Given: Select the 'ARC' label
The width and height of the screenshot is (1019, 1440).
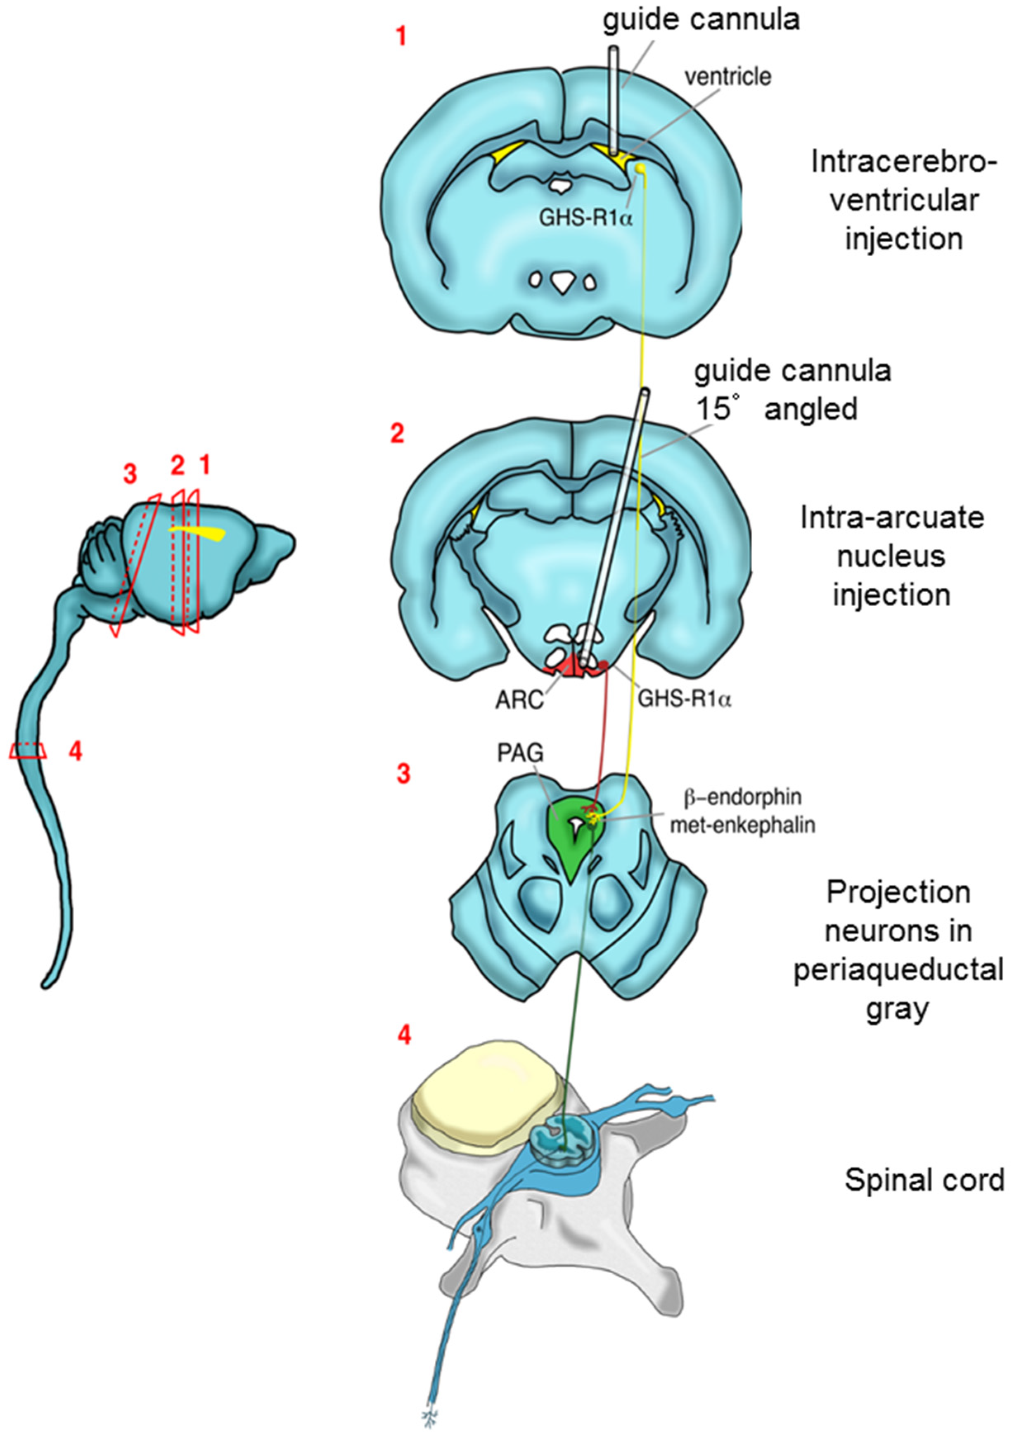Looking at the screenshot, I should (x=519, y=700).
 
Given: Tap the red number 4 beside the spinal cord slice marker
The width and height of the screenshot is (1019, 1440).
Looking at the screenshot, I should (x=75, y=751).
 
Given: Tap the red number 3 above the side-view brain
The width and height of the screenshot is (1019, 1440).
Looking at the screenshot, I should (x=130, y=475).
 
